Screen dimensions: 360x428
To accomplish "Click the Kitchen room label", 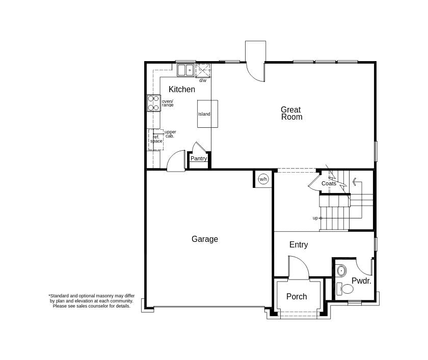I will coord(182,90).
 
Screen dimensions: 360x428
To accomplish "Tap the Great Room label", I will coord(291,113).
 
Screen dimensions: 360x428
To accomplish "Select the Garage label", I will coord(205,239).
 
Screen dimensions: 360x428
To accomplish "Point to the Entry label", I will coord(299,245).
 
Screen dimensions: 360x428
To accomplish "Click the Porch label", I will coord(297,297).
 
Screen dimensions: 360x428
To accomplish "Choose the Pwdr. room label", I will coord(361,281).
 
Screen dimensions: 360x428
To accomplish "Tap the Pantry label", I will coord(199,158).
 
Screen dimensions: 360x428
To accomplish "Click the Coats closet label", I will coord(329,183).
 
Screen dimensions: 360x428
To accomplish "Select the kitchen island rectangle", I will coord(207,114).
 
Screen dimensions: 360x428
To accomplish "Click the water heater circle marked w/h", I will coord(263,179).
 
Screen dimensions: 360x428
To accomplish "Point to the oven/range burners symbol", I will coord(153,103).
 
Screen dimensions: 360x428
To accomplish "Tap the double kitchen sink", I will coord(185,70).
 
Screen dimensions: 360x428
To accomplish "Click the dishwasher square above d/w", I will coord(203,70).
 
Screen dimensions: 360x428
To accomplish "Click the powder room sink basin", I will coord(341,270).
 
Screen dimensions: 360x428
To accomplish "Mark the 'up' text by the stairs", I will coord(315,218).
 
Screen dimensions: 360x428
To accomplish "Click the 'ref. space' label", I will coord(156,139).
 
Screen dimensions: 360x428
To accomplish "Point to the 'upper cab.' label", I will coord(170,134).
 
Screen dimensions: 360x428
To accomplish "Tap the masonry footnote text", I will coord(92,300).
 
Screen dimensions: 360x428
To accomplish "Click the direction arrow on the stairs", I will coord(354,181).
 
